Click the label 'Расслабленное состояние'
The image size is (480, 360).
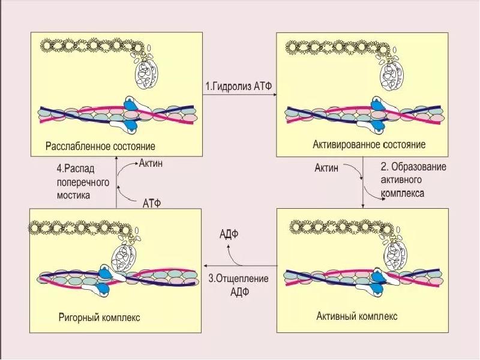coord(100,146)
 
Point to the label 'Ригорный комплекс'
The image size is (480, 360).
coord(99,317)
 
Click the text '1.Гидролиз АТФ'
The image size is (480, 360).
coord(239,86)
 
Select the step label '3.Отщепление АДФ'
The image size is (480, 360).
coord(238,285)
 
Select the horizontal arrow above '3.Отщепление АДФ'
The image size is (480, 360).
coord(238,265)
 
